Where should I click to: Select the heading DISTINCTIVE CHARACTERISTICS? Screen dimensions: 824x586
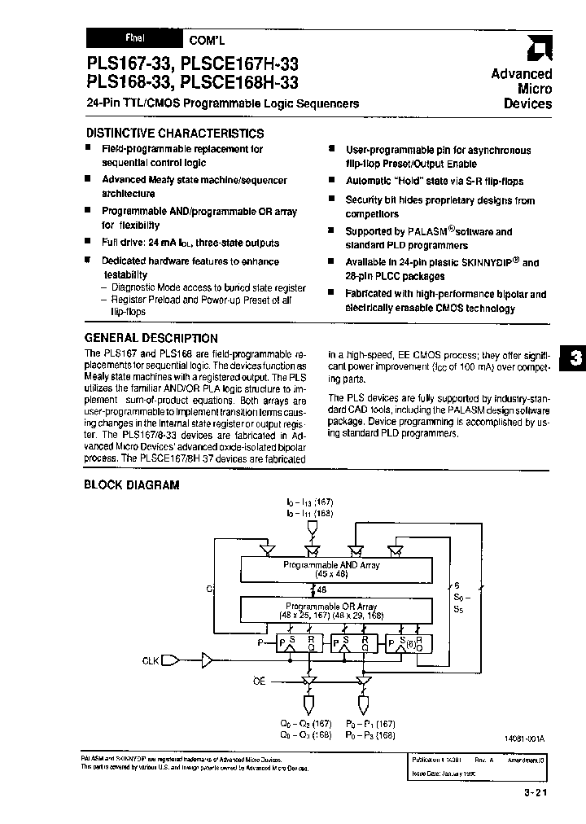pos(174,133)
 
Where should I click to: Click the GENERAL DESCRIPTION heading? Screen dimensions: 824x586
pos(151,338)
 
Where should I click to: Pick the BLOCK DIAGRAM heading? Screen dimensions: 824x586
pos(131,485)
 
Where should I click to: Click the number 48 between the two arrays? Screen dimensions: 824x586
pos(322,590)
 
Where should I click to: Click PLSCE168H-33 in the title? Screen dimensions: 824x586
pos(239,82)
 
